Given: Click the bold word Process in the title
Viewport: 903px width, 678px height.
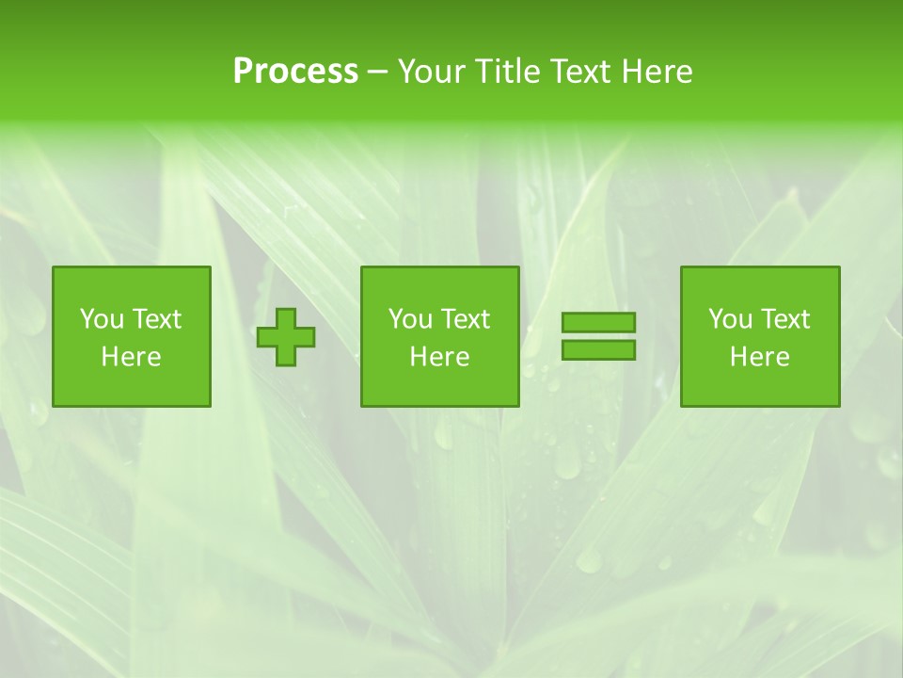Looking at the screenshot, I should point(295,72).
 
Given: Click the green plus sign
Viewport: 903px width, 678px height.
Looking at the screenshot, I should point(286,336).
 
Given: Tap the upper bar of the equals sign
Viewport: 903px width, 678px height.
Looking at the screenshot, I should point(598,322).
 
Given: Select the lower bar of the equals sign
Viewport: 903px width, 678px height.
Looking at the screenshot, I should point(598,349).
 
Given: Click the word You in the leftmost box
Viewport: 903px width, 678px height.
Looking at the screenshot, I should point(102,319).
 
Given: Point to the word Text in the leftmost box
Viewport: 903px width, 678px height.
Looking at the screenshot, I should point(156,319).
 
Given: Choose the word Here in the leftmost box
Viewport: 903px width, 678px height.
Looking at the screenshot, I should point(131,357).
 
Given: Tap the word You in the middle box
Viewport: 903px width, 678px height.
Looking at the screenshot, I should point(410,319).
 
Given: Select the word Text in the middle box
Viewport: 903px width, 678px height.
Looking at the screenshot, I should point(465,319).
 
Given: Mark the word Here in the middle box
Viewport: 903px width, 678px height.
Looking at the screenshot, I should point(439,357).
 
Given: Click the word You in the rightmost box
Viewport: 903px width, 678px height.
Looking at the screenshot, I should point(730,319).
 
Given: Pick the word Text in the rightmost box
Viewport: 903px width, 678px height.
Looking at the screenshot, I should point(784,319).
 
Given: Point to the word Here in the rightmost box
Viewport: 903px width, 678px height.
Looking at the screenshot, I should point(759,357).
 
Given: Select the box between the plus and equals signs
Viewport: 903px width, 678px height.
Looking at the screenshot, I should point(439,386).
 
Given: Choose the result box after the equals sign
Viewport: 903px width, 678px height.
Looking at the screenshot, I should point(759,386).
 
